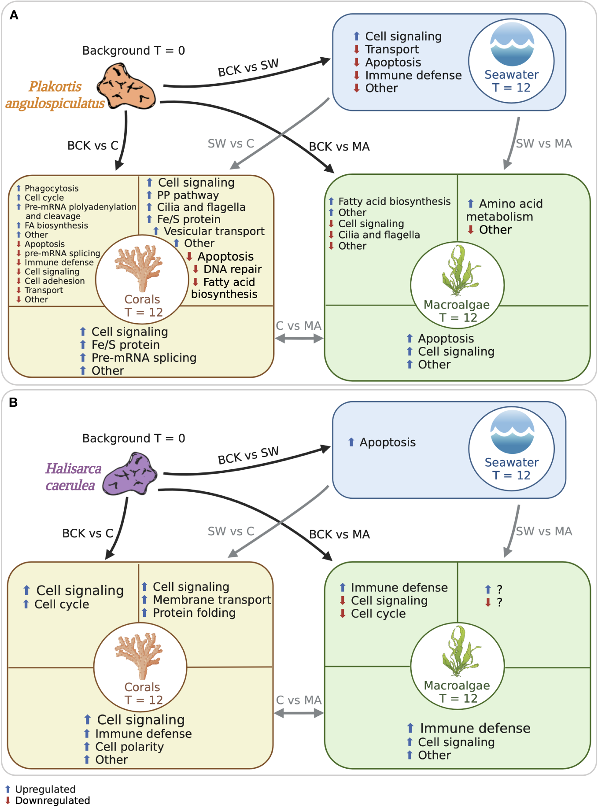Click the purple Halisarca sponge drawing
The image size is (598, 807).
pos(129,475)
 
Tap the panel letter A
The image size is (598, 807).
pos(14,15)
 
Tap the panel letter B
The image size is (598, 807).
pos(14,402)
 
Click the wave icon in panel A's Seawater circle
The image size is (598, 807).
pos(512,44)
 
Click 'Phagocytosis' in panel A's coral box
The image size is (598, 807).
pos(51,188)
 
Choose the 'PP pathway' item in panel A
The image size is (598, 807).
pos(188,195)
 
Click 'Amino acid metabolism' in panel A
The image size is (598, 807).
pos(504,210)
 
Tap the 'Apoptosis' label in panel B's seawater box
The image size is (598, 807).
pos(387,442)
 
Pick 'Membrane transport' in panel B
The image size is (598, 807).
pos(211,600)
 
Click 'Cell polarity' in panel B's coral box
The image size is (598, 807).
pos(129,747)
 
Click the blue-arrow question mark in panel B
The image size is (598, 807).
pos(499,590)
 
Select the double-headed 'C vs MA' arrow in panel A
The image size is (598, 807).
pos(299,338)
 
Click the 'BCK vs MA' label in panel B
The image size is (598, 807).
pos(339,534)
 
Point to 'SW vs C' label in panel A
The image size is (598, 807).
pos(231,144)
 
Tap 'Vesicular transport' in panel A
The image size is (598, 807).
pos(214,231)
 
